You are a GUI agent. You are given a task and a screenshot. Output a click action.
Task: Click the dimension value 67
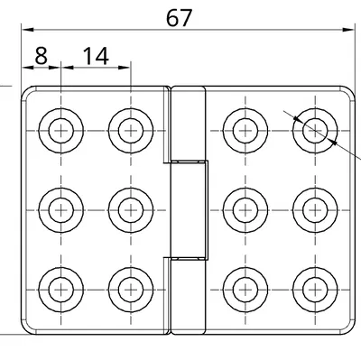[x=180, y=17]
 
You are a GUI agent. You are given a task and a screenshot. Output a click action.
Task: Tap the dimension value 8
[x=41, y=55]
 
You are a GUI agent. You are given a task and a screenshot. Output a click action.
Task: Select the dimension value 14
[x=95, y=55]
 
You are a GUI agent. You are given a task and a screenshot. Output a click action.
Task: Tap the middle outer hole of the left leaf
[x=61, y=209]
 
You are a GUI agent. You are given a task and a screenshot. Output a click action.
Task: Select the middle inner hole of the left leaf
[x=127, y=209]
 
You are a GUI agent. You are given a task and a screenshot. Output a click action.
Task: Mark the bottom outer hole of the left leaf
[x=61, y=289]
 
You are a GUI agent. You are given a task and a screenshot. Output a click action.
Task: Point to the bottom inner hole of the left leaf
[x=127, y=289]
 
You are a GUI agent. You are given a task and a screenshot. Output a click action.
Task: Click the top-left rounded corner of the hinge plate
[x=27, y=91]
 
